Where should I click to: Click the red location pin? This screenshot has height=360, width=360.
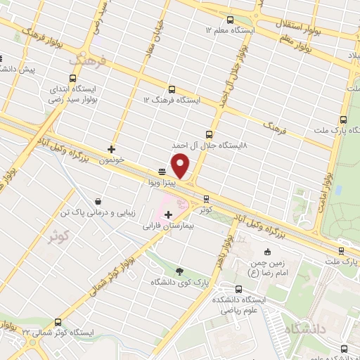181,166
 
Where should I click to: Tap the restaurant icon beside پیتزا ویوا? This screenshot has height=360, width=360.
162,171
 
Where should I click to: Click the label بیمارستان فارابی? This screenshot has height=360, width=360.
167,226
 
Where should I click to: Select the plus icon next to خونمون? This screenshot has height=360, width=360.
111,149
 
